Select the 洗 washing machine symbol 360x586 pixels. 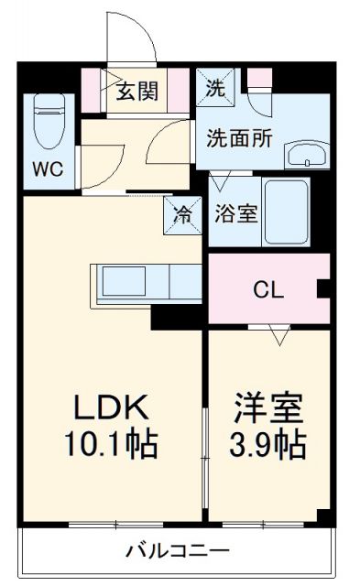(x=214, y=90)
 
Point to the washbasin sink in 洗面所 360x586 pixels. (x=305, y=155)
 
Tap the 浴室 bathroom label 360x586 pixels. (x=235, y=213)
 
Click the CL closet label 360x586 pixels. (x=268, y=291)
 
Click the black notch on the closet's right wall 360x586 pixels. (x=322, y=291)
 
